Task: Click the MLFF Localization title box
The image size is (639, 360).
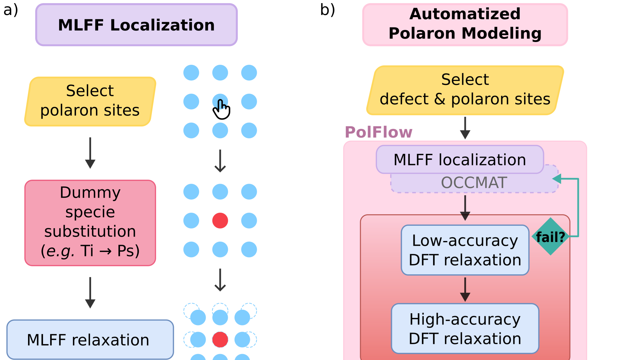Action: click(136, 25)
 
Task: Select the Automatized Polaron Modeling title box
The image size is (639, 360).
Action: click(465, 24)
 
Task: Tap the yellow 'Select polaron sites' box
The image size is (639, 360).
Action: click(90, 101)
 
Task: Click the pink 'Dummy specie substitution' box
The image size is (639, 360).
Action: click(90, 223)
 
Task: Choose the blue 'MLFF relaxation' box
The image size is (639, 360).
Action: click(90, 339)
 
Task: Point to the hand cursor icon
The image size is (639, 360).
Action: click(222, 110)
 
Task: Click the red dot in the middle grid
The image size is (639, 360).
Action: click(220, 220)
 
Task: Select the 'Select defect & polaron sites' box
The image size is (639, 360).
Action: click(465, 90)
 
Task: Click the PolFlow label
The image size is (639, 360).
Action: click(379, 132)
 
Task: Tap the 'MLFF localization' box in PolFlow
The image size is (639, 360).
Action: click(460, 159)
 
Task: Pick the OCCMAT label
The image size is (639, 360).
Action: click(474, 183)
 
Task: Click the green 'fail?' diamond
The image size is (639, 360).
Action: click(551, 237)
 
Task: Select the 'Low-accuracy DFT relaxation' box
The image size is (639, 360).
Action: click(465, 250)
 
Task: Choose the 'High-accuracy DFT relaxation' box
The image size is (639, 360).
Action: click(465, 329)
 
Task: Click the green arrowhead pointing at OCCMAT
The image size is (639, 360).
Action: click(557, 179)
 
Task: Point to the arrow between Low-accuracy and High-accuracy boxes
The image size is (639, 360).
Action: click(465, 289)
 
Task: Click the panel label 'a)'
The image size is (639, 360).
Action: click(11, 10)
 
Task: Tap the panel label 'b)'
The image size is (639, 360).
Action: click(327, 10)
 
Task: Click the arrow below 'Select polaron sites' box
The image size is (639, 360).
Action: click(90, 153)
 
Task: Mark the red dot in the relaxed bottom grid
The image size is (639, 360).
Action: click(220, 339)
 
